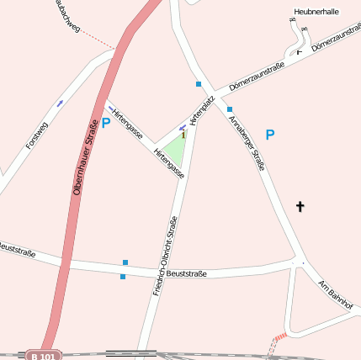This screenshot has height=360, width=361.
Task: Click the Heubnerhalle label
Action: coord(316,13)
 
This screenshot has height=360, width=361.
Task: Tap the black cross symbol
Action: coord(300,206)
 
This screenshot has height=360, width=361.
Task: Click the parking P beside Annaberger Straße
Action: coord(269,135)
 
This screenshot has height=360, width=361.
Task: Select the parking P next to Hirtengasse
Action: coord(106,123)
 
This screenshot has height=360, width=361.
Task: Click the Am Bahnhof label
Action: coord(336,294)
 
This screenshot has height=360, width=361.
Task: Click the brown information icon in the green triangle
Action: coord(182,133)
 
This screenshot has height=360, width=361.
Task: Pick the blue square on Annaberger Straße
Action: coord(229,109)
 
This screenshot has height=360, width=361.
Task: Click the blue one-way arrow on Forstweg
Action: coord(59,103)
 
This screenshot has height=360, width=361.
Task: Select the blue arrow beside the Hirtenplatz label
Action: coord(183,128)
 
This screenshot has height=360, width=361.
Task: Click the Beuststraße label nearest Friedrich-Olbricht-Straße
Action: coord(187,273)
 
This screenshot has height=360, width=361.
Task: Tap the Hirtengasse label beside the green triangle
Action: coord(169,162)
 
